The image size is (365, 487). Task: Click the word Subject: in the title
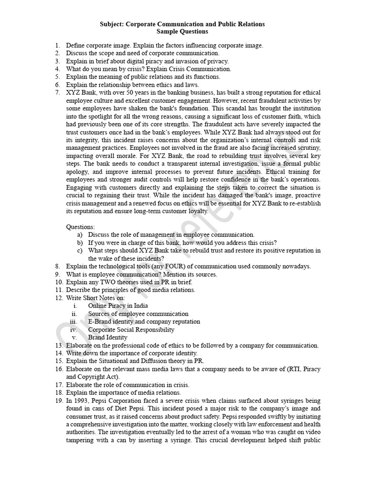coord(113,24)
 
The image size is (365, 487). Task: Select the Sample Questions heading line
coord(182,31)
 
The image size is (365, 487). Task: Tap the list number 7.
coord(58,92)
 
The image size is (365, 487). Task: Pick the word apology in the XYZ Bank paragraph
coord(78,172)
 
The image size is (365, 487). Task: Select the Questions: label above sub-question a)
coord(80,227)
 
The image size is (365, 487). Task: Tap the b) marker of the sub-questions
coord(79,243)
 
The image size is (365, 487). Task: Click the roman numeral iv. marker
coord(73,330)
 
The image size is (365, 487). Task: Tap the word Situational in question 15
coord(114,361)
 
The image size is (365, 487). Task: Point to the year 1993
coord(81,400)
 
